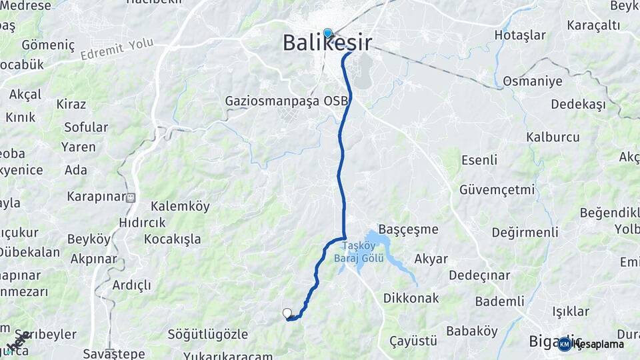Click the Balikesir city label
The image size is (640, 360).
click(x=327, y=43)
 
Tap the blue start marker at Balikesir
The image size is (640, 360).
click(x=327, y=33)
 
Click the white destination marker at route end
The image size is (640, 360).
click(x=287, y=313)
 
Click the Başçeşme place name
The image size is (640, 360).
click(x=408, y=229)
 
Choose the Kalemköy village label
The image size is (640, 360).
click(x=180, y=206)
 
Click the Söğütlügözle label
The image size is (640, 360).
click(x=208, y=334)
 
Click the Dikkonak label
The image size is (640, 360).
click(x=411, y=298)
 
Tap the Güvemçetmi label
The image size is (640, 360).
click(x=497, y=189)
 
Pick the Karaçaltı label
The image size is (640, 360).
click(x=593, y=25)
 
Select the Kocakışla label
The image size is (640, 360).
click(x=172, y=239)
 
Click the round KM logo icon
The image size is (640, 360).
click(x=565, y=344)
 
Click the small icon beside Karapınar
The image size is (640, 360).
click(x=131, y=197)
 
